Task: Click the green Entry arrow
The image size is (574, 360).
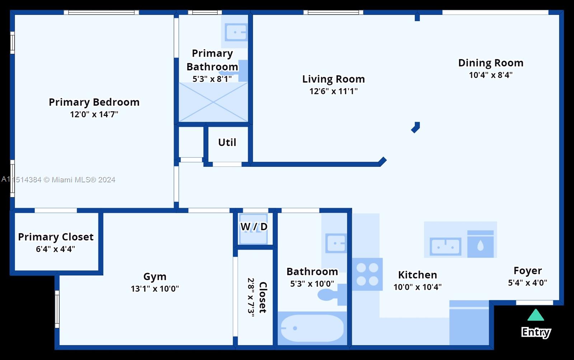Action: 536,315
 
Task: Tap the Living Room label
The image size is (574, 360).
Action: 333,79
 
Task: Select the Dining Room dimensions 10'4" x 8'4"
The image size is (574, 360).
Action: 491,75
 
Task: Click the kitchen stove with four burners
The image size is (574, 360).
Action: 367,274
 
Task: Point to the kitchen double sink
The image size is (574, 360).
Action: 445,247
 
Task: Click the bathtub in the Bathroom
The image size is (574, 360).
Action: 312,328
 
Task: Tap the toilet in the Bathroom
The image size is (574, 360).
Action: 332,295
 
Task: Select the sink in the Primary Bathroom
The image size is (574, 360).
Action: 236,32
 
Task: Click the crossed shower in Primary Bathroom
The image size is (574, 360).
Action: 213,102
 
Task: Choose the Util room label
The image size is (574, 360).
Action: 227,142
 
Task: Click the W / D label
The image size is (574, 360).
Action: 254,227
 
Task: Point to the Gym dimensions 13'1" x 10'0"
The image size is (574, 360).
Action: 155,289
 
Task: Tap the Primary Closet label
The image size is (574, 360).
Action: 56,237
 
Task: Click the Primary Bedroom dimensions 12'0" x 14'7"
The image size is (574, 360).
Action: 94,114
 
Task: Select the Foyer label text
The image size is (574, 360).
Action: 528,271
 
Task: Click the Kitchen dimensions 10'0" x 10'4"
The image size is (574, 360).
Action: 418,287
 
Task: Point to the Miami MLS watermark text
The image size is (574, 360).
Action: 58,179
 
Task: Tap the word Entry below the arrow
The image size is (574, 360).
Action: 536,332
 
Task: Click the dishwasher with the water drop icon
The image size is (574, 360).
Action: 480,244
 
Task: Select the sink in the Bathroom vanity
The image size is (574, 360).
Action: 336,243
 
